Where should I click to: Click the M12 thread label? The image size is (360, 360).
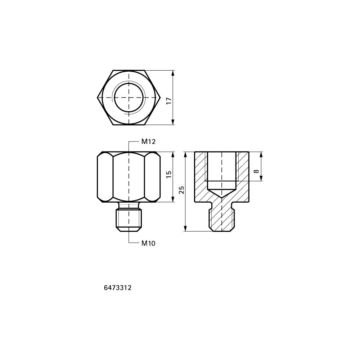(148, 141)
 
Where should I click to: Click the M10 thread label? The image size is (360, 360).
(148, 243)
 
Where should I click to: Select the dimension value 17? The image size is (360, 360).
(169, 100)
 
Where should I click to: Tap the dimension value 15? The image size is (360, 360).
(169, 174)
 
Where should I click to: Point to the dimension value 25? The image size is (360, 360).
(181, 190)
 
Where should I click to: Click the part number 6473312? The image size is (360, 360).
(118, 288)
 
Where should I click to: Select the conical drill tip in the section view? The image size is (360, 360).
(221, 193)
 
